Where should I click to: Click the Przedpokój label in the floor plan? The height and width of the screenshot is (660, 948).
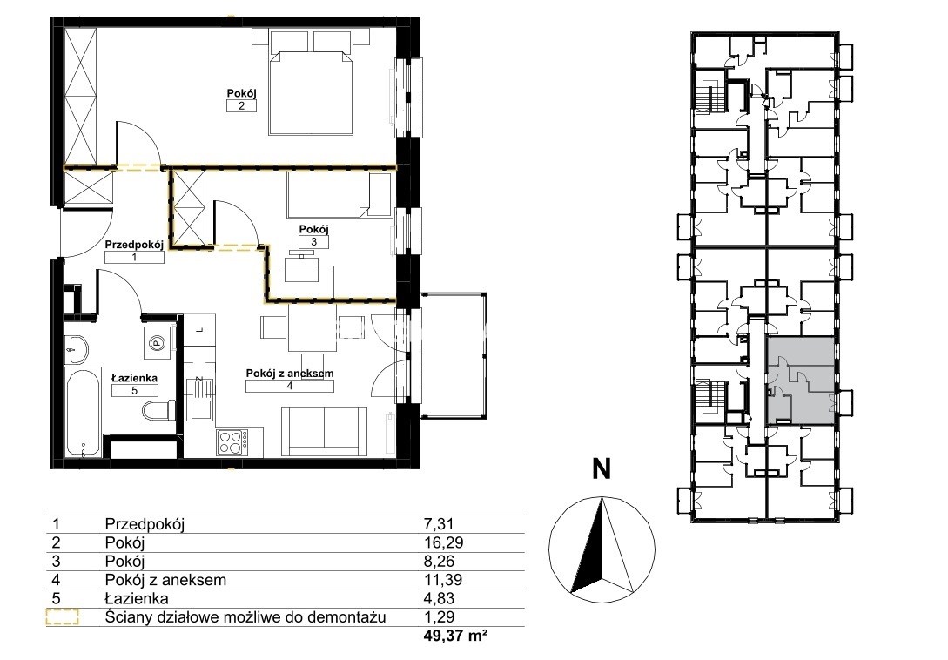(x=134, y=245)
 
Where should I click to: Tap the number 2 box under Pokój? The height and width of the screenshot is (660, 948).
(x=241, y=106)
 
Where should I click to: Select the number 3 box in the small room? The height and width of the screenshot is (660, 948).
(x=313, y=242)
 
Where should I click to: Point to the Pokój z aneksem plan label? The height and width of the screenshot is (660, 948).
(x=290, y=374)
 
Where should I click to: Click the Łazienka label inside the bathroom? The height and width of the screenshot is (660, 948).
(x=135, y=378)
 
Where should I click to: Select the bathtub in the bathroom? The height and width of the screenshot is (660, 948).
(x=83, y=413)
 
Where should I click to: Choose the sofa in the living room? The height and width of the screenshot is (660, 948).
(x=326, y=431)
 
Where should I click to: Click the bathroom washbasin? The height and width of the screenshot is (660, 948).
(x=77, y=349)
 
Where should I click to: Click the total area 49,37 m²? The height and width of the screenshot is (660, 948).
(x=457, y=636)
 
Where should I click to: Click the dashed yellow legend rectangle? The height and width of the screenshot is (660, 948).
(x=63, y=617)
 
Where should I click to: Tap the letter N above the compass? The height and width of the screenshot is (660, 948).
(x=601, y=468)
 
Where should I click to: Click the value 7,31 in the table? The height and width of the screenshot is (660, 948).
(x=440, y=524)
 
